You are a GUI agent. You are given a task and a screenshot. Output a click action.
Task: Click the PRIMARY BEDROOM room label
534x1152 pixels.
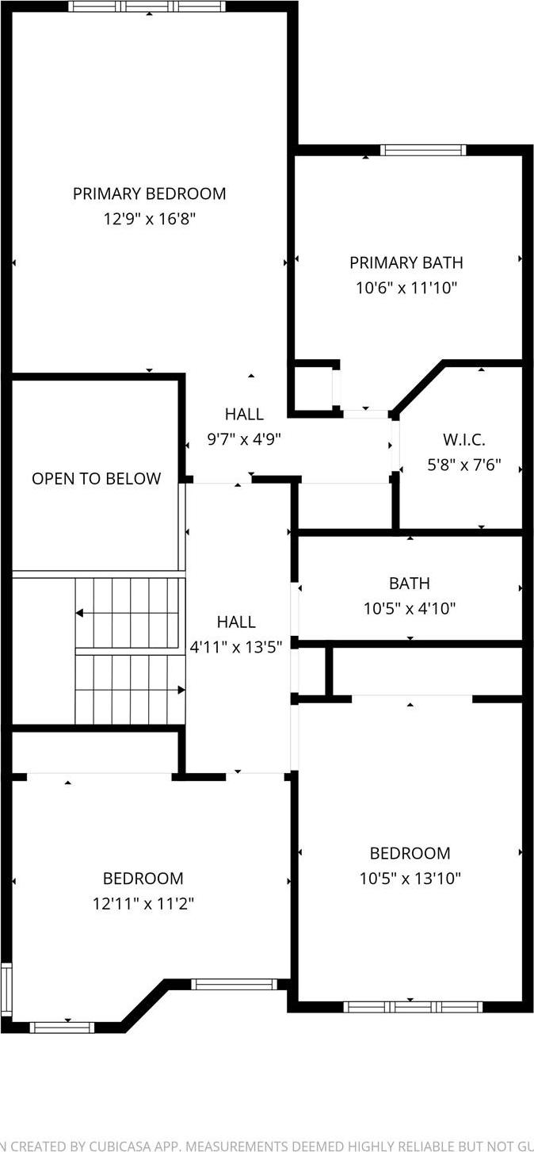pos(149,193)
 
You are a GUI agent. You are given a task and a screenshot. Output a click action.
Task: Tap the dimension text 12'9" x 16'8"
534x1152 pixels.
pos(149,219)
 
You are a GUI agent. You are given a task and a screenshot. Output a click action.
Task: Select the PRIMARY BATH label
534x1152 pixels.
pos(406,262)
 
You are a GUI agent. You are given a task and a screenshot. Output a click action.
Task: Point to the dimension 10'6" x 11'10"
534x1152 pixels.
pos(406,288)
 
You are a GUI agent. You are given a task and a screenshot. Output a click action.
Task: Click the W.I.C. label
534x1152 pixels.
pos(464,439)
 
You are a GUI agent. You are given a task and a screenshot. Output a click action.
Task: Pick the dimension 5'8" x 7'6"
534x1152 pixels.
pos(464,465)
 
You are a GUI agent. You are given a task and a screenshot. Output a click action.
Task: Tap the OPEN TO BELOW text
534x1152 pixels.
pos(96,478)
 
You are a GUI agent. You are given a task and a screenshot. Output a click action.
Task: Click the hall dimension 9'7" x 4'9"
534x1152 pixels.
pos(243,438)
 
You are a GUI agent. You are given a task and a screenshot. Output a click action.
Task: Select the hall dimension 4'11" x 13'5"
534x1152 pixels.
pos(236,647)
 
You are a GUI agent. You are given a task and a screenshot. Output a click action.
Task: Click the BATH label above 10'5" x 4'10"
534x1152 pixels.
pos(410,584)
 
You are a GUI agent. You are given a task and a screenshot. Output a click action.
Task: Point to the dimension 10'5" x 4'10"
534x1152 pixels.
pos(410,609)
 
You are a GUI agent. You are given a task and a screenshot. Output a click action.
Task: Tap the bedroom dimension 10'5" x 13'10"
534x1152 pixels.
pos(410,878)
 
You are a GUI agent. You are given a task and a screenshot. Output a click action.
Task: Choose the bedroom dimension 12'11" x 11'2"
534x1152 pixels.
pos(143,903)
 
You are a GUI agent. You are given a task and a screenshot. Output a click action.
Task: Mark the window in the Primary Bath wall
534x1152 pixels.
pos(422,150)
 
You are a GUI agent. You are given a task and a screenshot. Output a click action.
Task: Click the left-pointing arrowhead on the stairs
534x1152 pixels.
pos(80,613)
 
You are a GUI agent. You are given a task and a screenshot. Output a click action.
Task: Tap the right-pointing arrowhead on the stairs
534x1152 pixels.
pos(181,690)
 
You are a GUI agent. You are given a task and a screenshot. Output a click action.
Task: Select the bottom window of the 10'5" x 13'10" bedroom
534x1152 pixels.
pos(413,1007)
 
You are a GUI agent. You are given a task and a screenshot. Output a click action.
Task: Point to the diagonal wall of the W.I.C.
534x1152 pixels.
pos(418,388)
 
